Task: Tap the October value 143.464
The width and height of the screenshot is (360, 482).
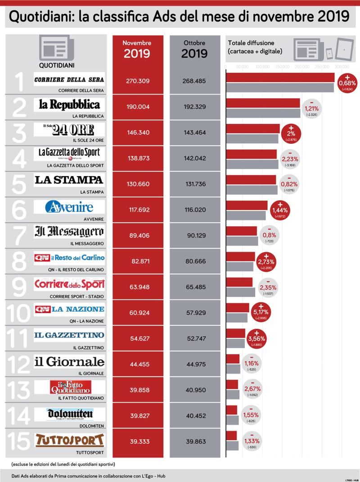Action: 194,132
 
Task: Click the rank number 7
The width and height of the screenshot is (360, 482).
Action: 18,236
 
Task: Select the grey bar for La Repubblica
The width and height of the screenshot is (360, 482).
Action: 263,113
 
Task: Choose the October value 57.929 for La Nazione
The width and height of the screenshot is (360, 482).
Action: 194,312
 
